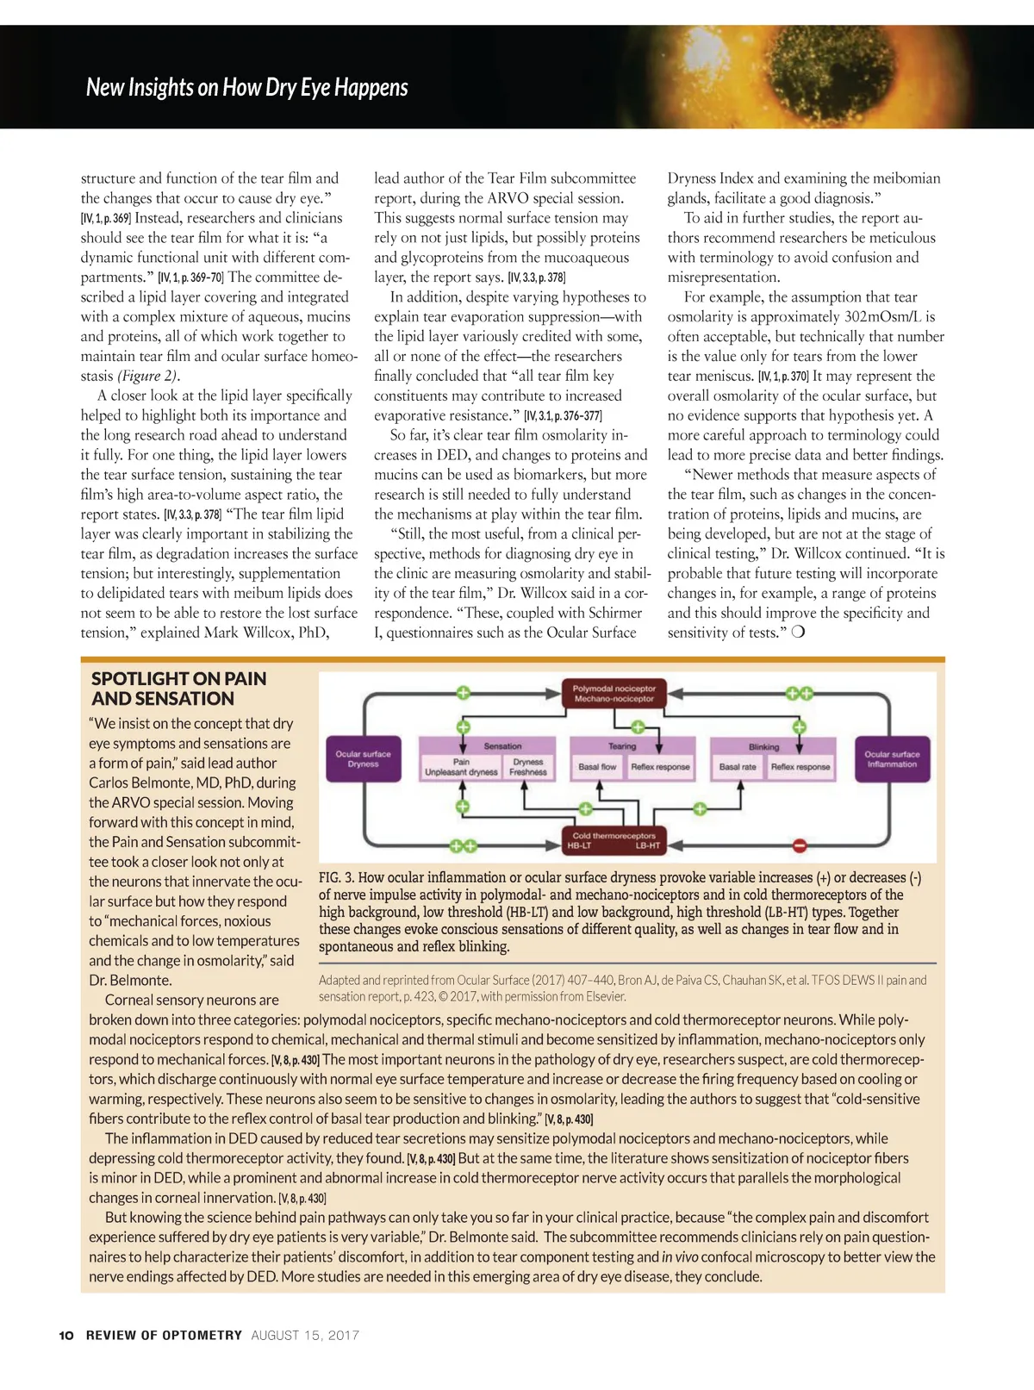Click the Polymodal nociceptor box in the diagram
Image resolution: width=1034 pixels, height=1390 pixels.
614,693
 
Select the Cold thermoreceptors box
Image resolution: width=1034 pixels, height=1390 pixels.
614,840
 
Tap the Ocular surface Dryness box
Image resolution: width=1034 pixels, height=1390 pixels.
363,758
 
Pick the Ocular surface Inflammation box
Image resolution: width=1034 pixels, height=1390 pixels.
892,758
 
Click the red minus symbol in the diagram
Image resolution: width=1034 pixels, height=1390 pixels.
800,845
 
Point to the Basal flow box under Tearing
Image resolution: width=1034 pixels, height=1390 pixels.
597,766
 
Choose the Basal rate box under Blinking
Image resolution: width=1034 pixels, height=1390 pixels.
738,766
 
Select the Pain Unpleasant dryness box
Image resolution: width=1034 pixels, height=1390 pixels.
461,767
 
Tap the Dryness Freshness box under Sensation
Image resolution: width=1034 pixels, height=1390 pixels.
528,767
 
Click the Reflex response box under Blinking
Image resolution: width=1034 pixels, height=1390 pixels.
800,766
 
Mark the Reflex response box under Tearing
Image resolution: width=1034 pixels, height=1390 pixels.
660,766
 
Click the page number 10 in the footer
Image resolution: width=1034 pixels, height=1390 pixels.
66,1335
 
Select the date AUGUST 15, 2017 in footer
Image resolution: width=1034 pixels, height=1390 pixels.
305,1335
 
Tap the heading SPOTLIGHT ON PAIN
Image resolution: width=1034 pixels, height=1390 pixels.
178,678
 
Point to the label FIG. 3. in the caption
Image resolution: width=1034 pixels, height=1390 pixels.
336,877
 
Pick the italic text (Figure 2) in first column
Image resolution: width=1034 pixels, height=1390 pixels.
147,376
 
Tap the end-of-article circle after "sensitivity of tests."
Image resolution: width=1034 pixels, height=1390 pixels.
798,632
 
